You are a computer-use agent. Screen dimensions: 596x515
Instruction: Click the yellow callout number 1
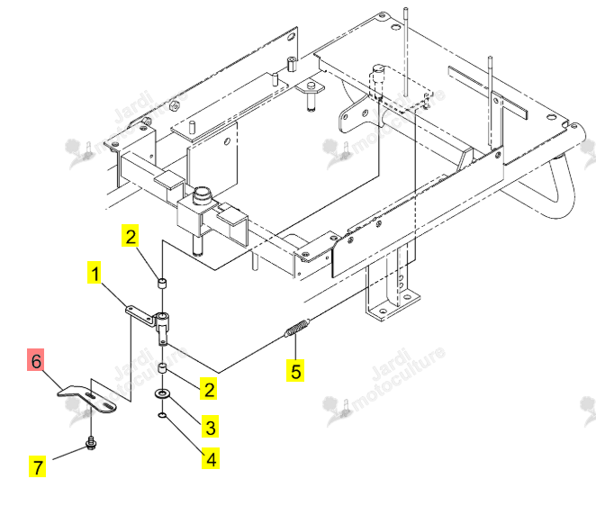click(x=95, y=272)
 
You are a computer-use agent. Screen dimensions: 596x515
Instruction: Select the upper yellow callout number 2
click(x=130, y=236)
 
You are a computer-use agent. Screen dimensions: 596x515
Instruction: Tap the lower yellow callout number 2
click(x=209, y=388)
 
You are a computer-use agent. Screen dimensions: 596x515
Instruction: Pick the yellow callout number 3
click(x=210, y=427)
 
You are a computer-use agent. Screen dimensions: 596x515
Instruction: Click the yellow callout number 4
click(x=211, y=458)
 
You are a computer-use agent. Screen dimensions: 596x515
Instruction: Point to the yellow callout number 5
click(x=295, y=370)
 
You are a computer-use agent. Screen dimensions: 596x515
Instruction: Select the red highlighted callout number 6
click(x=36, y=359)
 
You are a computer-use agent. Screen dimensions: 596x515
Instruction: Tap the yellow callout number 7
click(x=37, y=466)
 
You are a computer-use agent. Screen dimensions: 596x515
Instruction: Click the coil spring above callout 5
click(x=297, y=328)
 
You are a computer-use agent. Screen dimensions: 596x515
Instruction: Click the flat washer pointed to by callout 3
click(x=162, y=393)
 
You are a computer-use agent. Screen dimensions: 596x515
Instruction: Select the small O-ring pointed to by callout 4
click(x=162, y=415)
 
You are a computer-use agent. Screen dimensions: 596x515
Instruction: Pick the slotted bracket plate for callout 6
click(x=87, y=399)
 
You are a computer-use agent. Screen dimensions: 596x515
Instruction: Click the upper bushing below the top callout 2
click(x=162, y=284)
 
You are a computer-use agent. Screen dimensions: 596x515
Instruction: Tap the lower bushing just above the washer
click(x=162, y=369)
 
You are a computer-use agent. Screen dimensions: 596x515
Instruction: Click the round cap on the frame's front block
click(x=202, y=194)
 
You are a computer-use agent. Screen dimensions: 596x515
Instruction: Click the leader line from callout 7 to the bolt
click(x=69, y=454)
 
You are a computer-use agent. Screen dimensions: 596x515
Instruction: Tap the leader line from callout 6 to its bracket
click(x=51, y=381)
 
